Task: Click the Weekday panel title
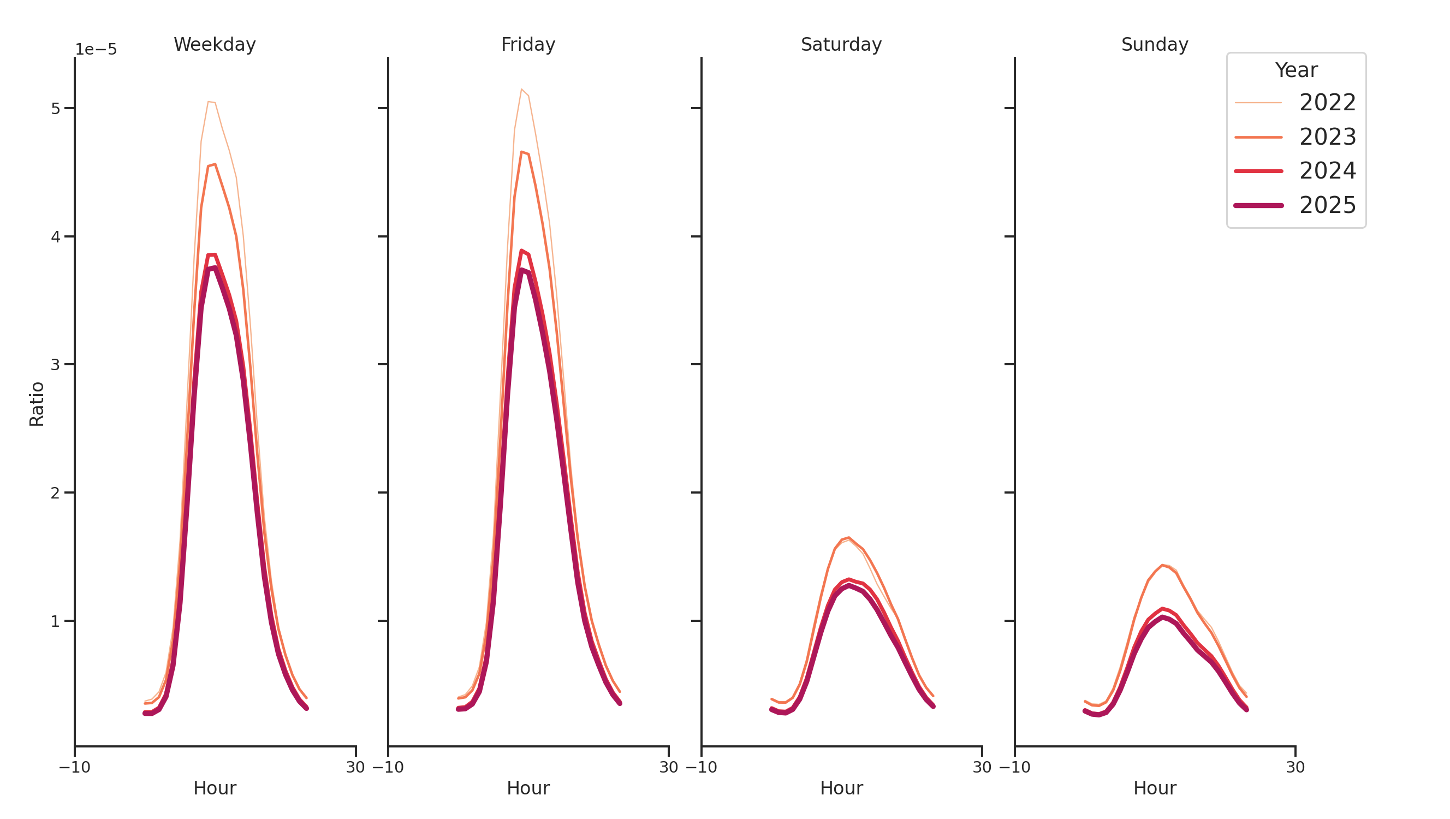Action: pos(215,44)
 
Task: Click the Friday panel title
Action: pos(527,44)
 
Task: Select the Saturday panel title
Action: pos(840,44)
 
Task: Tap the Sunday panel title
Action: pos(1154,44)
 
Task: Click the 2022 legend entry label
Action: pos(1327,103)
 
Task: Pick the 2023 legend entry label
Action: pos(1327,137)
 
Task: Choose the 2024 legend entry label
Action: pos(1327,170)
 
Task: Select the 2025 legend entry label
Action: pos(1327,205)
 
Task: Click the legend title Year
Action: pos(1296,70)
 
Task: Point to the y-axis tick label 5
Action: pos(55,108)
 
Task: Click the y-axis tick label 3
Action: pos(55,364)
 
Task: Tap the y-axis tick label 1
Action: pos(55,621)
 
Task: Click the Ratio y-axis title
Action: pos(37,403)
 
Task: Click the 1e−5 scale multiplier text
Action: pos(96,50)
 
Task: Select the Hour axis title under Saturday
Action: pos(841,787)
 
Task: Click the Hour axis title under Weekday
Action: pos(215,787)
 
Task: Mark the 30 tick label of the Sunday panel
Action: pos(1294,767)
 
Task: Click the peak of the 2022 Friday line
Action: pos(521,89)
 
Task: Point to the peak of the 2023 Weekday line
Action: pos(215,164)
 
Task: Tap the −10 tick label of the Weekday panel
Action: pos(74,767)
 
